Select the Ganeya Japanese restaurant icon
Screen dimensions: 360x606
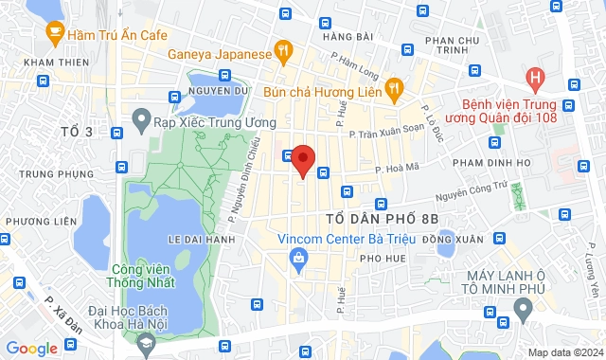281,50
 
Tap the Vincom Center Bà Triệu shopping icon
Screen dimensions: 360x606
299,257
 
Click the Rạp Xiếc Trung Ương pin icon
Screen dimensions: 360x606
141,120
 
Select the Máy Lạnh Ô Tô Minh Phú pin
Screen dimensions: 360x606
522,308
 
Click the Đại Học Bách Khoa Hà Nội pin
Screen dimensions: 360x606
145,347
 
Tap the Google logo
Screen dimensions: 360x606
31,348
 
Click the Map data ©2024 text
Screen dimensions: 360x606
563,352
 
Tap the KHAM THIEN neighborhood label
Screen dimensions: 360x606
49,63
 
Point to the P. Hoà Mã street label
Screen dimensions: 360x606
396,171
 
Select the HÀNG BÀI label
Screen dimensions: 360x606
348,36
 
